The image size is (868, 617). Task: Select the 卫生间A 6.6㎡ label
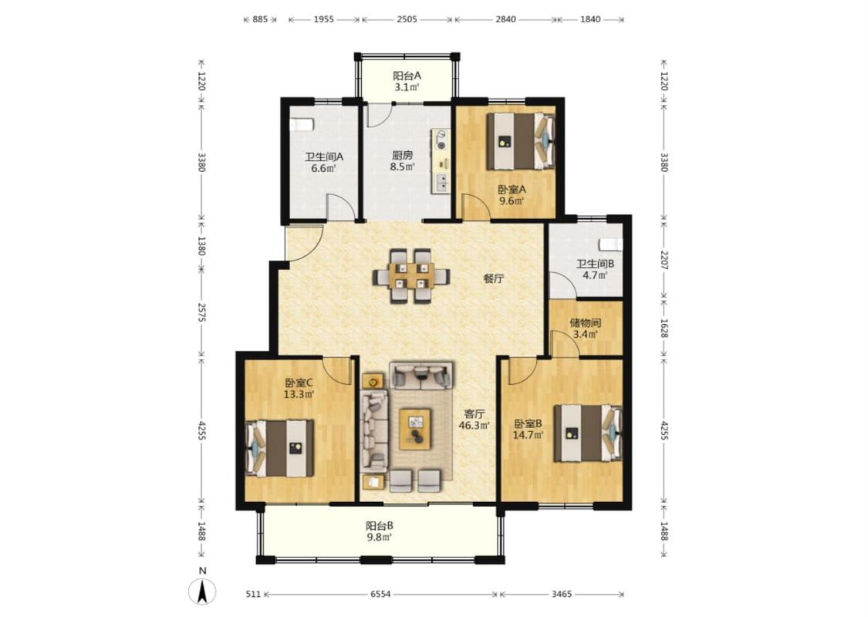324,163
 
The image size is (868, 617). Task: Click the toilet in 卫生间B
610,244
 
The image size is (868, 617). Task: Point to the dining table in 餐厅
411,275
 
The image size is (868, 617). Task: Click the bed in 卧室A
520,141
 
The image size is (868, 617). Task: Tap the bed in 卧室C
279,448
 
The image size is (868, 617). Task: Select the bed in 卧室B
588,433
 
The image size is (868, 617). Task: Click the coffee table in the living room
415,429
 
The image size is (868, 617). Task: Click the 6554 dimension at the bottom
380,595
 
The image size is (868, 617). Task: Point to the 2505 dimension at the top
407,19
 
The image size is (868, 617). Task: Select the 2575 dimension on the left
201,312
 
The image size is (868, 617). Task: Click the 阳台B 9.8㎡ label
379,531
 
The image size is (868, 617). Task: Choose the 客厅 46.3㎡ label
475,419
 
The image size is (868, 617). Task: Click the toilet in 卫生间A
302,124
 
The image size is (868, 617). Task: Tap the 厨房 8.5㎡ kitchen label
402,161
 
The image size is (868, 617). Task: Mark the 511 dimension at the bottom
253,595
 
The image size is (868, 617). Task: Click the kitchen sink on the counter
442,182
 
